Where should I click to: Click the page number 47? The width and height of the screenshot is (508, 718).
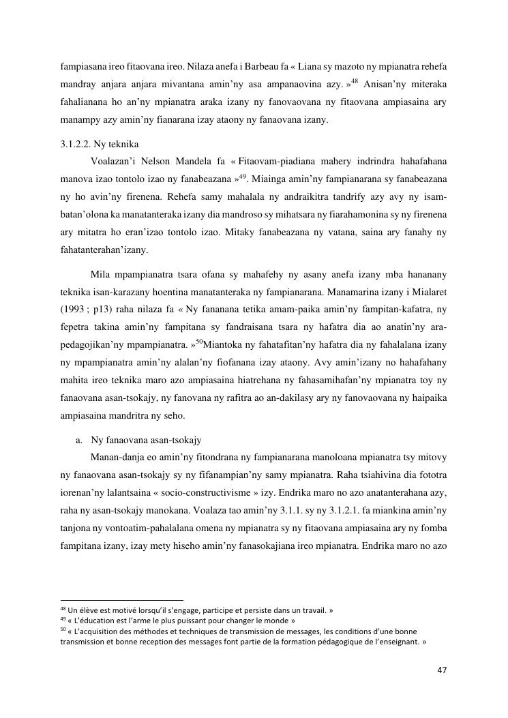pyautogui.click(x=442, y=670)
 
